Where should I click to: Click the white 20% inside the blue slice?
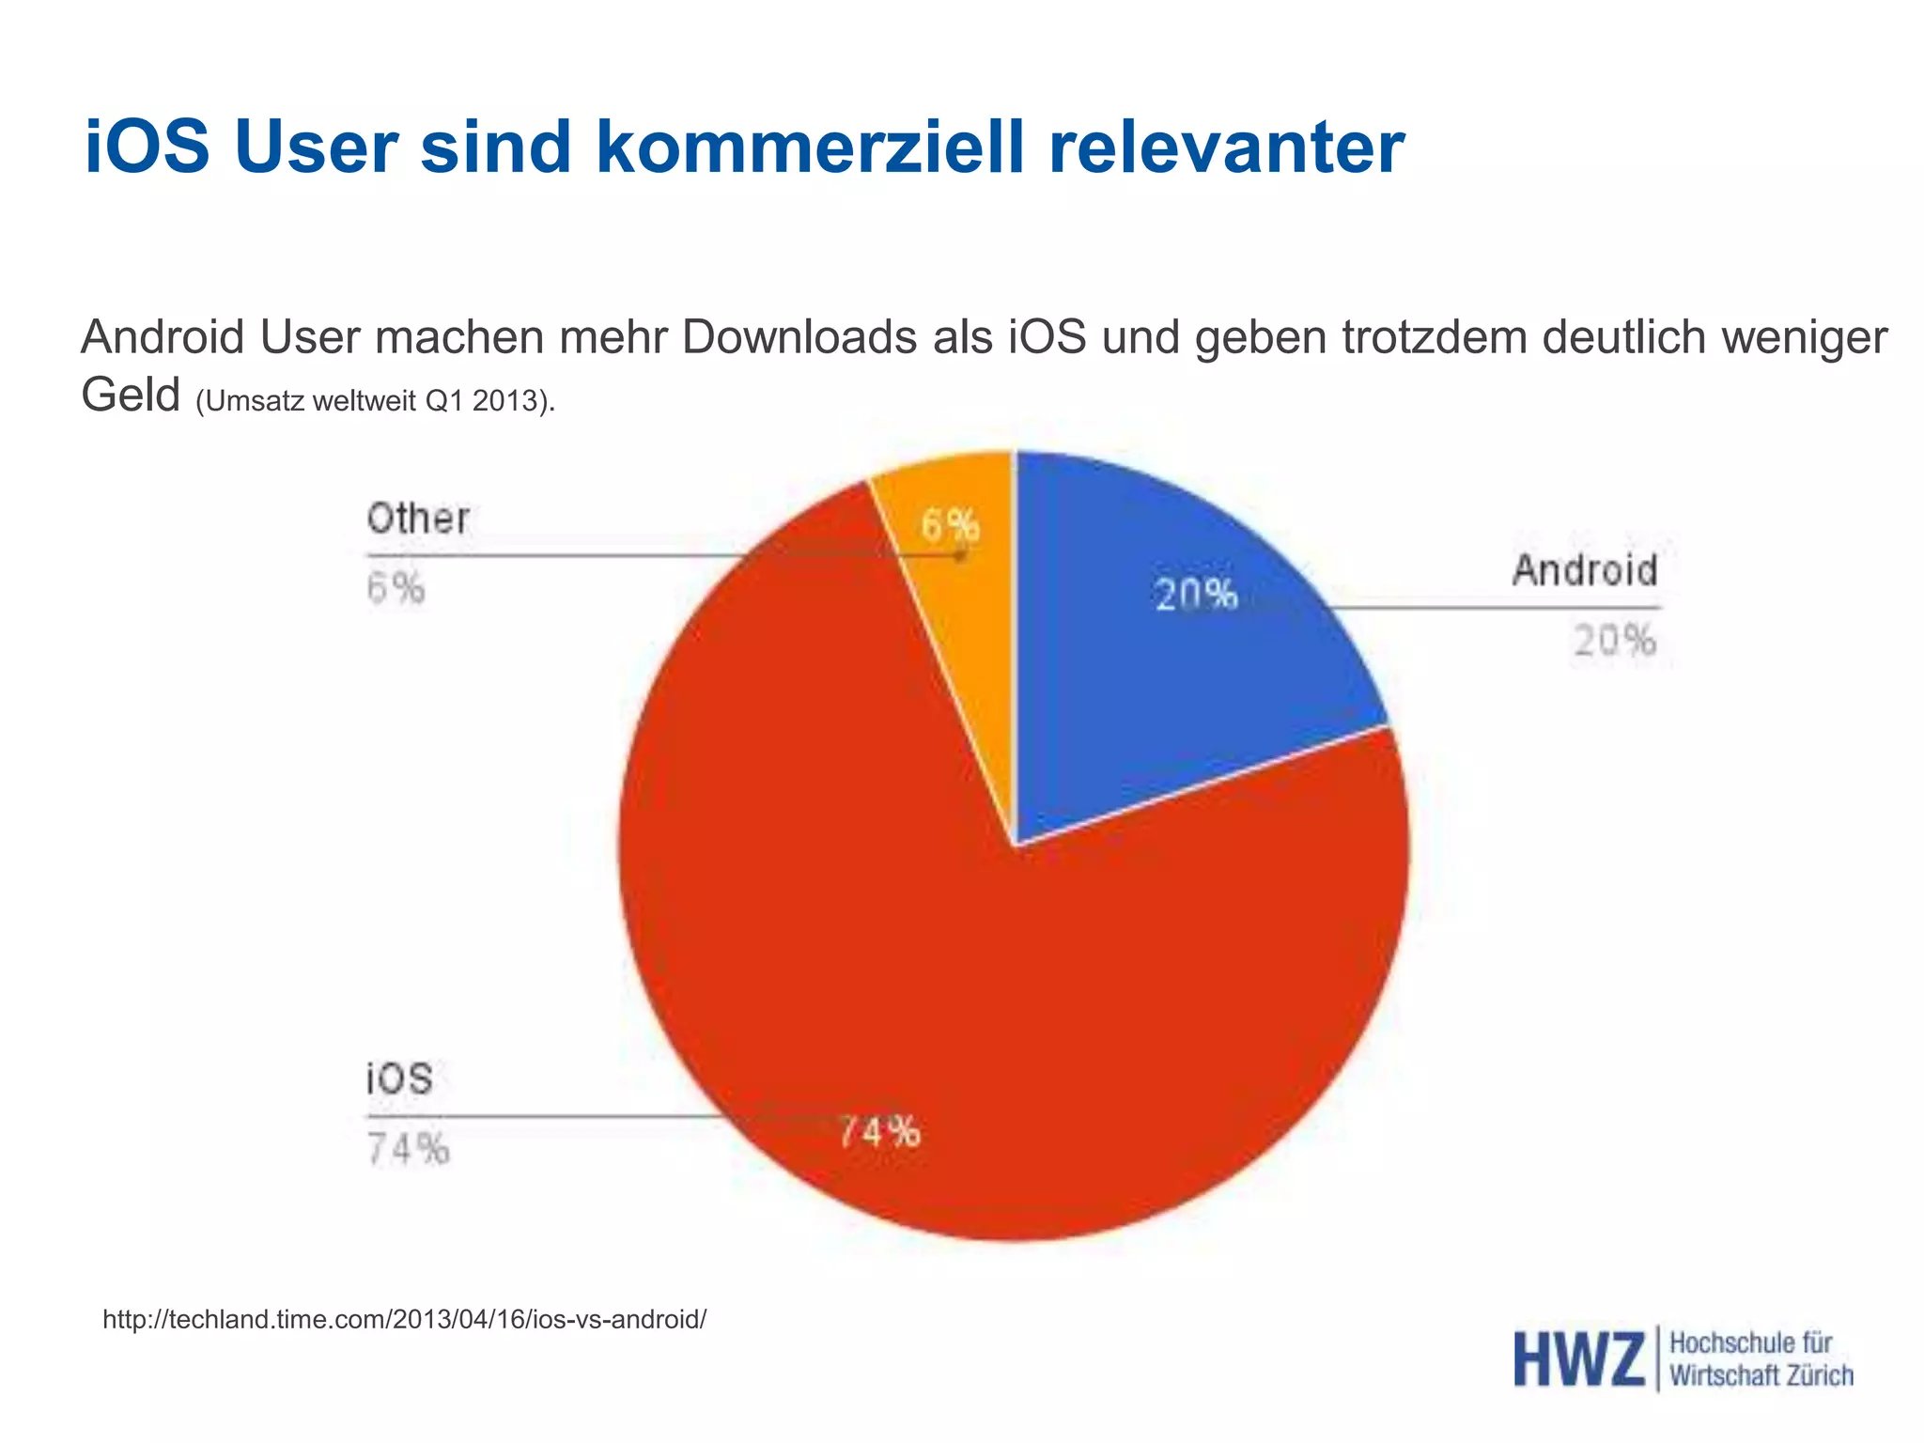(1196, 595)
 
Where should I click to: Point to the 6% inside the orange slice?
(950, 525)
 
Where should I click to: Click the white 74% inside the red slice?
(879, 1132)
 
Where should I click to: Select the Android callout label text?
(1585, 570)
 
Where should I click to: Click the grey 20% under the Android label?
(1615, 641)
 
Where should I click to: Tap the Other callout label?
(418, 519)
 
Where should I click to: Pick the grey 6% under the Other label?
(396, 589)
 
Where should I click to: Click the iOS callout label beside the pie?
(399, 1078)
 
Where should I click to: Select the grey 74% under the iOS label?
(408, 1149)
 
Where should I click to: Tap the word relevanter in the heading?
(1226, 147)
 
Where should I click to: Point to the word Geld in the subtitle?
(131, 395)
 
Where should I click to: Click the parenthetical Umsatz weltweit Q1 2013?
(376, 401)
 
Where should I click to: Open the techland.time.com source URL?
(404, 1320)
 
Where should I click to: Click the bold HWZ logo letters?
(1578, 1359)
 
